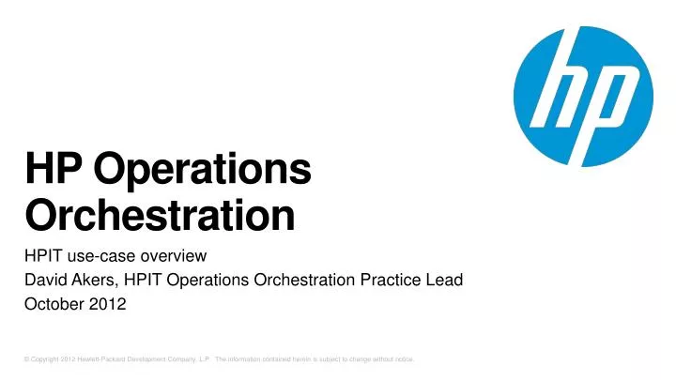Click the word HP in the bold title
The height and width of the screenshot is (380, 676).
click(x=50, y=173)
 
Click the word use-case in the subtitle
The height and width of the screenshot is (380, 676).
click(x=100, y=255)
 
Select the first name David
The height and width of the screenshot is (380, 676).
click(x=46, y=281)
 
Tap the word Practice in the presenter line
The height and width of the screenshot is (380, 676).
click(x=384, y=281)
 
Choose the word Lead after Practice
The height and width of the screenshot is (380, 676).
click(x=444, y=281)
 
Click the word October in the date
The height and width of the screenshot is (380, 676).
click(x=53, y=306)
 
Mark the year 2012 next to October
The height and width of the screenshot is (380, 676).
click(x=111, y=306)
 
